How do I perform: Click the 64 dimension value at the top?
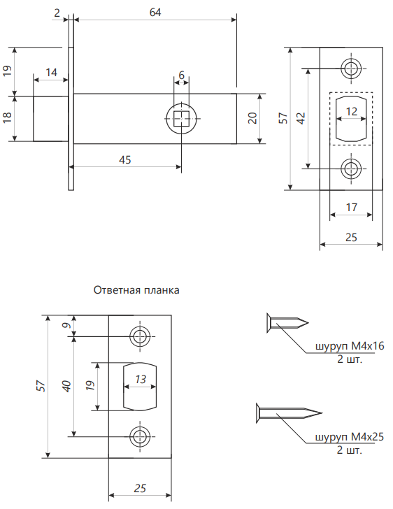tap(155, 13)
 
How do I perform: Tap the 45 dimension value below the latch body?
tap(125, 159)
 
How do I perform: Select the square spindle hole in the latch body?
tap(181, 118)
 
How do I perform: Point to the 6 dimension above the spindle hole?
tap(181, 75)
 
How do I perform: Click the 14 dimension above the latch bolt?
tap(51, 72)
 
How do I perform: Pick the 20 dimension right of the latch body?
tap(252, 118)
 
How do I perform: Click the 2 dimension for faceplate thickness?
tap(57, 13)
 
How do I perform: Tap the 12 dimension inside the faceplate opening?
tap(352, 111)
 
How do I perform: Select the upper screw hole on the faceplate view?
tap(351, 69)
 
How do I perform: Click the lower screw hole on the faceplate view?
tap(351, 169)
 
